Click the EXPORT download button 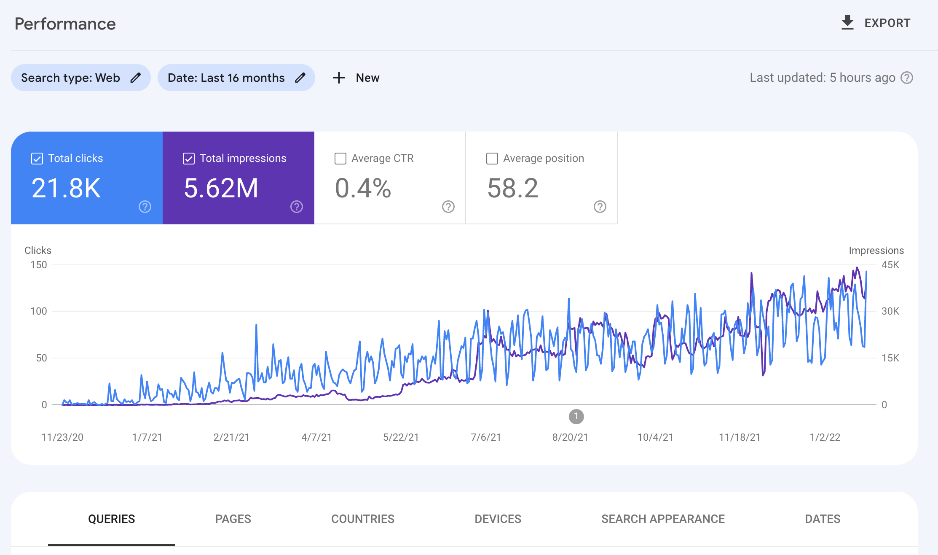pyautogui.click(x=876, y=23)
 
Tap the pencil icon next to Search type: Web pyautogui.click(x=135, y=78)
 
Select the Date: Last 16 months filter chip pyautogui.click(x=226, y=78)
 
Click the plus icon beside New pyautogui.click(x=339, y=78)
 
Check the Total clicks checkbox pyautogui.click(x=37, y=159)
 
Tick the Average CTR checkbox pyautogui.click(x=340, y=159)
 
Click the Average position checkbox pyautogui.click(x=492, y=159)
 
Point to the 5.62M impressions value pyautogui.click(x=221, y=188)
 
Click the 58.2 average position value pyautogui.click(x=512, y=188)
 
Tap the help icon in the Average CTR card pyautogui.click(x=448, y=207)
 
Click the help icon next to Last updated pyautogui.click(x=907, y=78)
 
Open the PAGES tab pyautogui.click(x=233, y=519)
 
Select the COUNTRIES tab pyautogui.click(x=362, y=519)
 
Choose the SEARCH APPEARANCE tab pyautogui.click(x=663, y=519)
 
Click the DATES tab pyautogui.click(x=823, y=519)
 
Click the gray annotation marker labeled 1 pyautogui.click(x=576, y=417)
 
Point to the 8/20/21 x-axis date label pyautogui.click(x=570, y=437)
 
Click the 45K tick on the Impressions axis pyautogui.click(x=890, y=265)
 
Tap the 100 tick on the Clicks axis pyautogui.click(x=38, y=311)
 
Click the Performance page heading pyautogui.click(x=65, y=24)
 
